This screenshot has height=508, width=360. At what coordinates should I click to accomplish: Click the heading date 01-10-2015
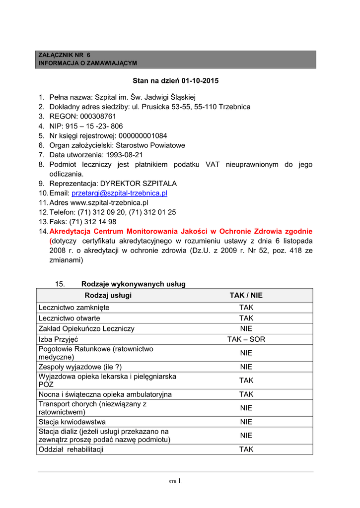click(x=200, y=80)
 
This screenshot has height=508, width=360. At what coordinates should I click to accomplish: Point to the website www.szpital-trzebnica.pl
click(x=109, y=202)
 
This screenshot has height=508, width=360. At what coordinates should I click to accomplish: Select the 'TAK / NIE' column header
click(x=246, y=295)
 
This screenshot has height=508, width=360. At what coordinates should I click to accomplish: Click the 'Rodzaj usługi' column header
click(x=108, y=295)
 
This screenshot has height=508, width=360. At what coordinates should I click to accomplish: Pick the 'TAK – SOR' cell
click(x=246, y=339)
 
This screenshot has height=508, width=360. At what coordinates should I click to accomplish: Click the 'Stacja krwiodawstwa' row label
click(x=72, y=422)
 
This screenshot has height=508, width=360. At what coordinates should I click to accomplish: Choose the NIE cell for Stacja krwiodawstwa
click(x=246, y=422)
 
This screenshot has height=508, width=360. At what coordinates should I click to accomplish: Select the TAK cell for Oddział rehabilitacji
click(x=246, y=449)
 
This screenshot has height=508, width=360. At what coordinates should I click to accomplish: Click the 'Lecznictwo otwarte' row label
click(x=69, y=318)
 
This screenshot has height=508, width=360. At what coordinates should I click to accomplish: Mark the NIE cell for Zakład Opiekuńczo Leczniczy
click(x=246, y=328)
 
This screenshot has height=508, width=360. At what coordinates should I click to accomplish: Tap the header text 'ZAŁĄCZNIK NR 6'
click(x=65, y=55)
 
